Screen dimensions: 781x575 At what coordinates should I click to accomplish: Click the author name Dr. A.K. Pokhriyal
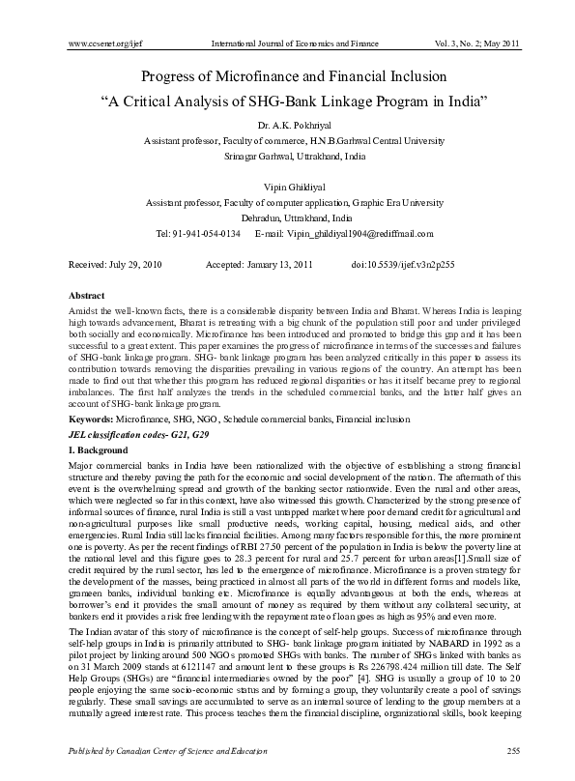pos(287,125)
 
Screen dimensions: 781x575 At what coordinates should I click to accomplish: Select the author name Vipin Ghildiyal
pos(287,188)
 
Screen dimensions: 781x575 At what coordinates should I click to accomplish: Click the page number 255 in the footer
pos(501,751)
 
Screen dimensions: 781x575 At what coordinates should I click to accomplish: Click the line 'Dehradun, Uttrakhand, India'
pos(287,218)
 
